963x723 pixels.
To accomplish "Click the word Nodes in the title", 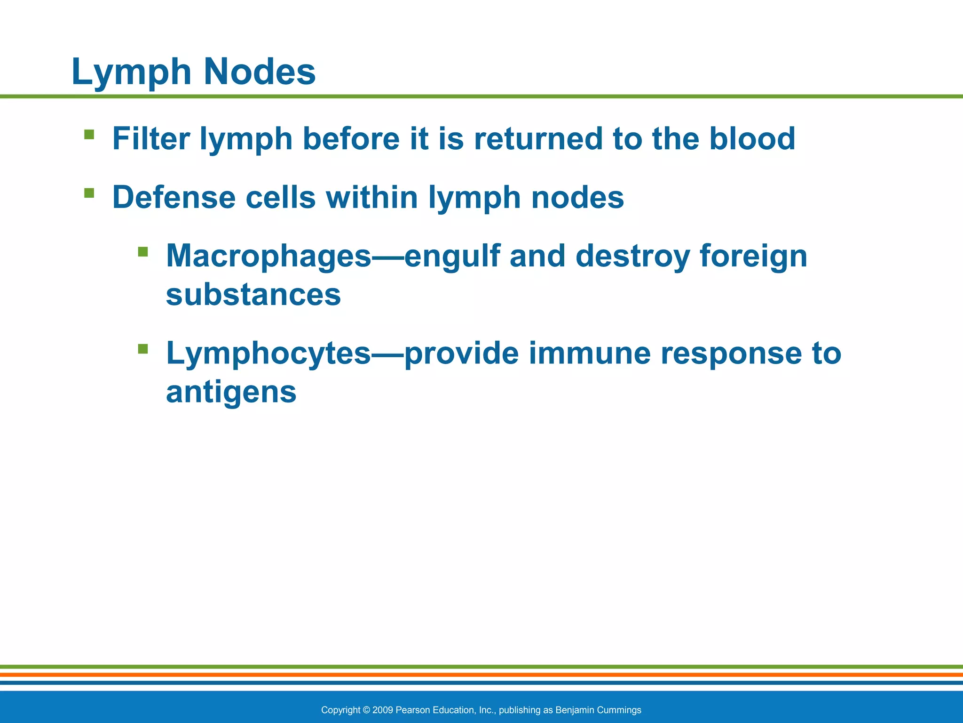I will coord(259,72).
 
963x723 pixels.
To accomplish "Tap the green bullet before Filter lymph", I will coord(89,135).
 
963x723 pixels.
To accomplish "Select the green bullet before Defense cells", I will coord(89,193).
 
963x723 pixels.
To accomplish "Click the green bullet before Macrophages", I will coord(143,252).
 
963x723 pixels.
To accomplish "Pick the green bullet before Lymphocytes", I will coord(143,349).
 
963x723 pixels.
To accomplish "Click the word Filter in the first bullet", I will coord(150,139).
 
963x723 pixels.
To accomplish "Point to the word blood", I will coord(752,139).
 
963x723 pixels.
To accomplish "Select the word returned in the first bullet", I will coord(538,139).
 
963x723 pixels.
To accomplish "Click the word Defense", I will coord(174,197).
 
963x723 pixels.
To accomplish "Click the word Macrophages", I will coord(268,257).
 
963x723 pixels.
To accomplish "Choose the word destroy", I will coord(632,257).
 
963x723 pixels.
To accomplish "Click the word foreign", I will coord(753,257).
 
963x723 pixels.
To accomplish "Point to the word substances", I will coord(253,295).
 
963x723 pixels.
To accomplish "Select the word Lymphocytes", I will coord(268,353).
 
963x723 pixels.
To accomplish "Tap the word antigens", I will coord(231,392).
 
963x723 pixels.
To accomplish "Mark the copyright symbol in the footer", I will coord(367,710).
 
